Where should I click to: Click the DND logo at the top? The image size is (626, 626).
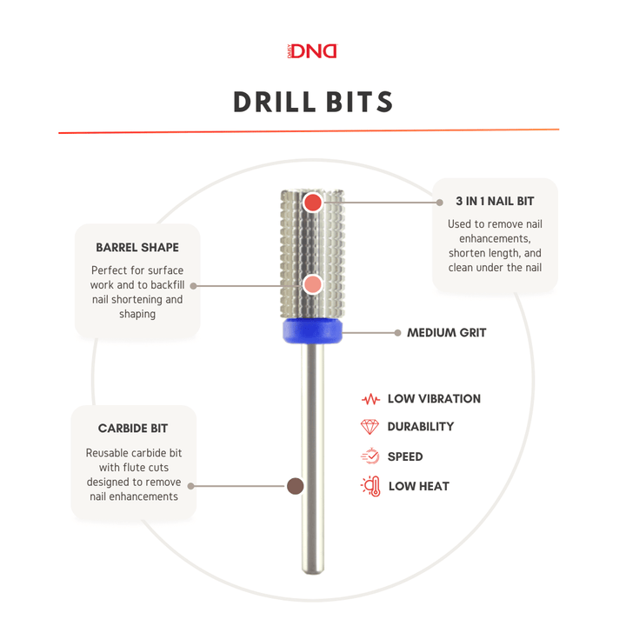click(x=312, y=51)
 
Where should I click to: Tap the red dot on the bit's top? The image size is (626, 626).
click(x=313, y=203)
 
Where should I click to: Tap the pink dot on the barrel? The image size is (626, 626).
click(x=314, y=285)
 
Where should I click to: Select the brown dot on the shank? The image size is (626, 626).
click(x=295, y=486)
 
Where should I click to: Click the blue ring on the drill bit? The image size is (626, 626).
click(x=312, y=331)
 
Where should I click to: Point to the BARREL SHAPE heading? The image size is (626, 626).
click(x=137, y=248)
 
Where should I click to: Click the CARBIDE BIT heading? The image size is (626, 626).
click(x=133, y=429)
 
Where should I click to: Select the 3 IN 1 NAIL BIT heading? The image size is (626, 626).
click(x=495, y=201)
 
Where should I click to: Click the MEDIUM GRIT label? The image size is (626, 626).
click(x=446, y=332)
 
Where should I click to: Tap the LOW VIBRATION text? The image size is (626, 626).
click(x=434, y=399)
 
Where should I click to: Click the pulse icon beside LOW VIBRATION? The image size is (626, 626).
click(x=370, y=399)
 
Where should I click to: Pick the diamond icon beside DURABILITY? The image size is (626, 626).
click(x=370, y=427)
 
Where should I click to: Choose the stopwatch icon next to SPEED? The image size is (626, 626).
click(x=370, y=456)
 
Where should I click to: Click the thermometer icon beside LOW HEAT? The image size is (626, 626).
click(x=370, y=486)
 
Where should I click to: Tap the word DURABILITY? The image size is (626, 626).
click(x=421, y=427)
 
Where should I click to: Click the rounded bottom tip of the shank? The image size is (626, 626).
click(x=312, y=569)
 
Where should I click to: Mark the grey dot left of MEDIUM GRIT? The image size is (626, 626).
click(x=397, y=332)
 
